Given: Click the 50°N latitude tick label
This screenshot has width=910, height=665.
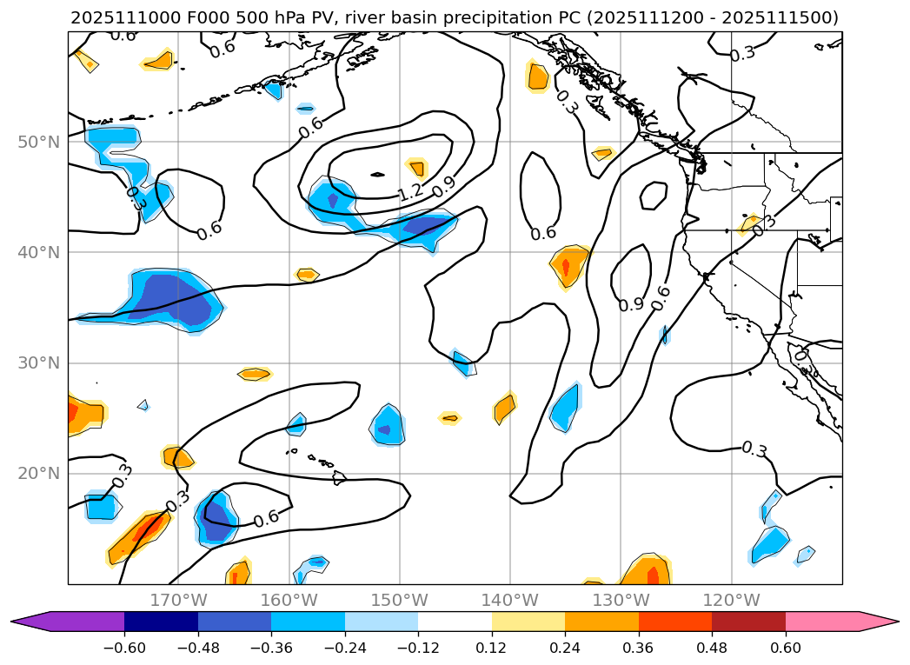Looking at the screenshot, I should [x=39, y=142].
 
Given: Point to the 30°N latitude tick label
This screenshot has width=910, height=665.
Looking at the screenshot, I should [x=39, y=363].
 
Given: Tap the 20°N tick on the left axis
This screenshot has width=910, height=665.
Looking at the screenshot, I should [x=39, y=474].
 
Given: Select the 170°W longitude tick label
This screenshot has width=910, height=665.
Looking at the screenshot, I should [x=178, y=600].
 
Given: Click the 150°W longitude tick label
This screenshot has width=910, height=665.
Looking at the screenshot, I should [x=399, y=600].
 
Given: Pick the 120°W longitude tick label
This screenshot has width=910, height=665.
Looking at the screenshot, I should [x=731, y=600].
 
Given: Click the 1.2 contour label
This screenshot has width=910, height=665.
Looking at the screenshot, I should [x=409, y=192].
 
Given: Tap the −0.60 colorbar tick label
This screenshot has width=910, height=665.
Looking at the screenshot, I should [x=124, y=647].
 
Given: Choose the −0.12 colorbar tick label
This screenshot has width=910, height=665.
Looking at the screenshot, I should [x=418, y=647].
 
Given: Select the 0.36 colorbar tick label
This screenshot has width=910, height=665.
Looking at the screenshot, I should [x=639, y=647].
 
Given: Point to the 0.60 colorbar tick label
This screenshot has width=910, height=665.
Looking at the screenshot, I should [x=786, y=647].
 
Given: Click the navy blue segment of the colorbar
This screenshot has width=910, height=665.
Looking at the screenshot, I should [x=161, y=622].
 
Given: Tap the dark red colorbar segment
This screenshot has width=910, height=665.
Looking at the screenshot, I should [x=748, y=622].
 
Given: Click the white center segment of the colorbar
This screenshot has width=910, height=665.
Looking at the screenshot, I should [x=455, y=622].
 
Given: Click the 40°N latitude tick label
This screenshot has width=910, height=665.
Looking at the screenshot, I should [x=39, y=253].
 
